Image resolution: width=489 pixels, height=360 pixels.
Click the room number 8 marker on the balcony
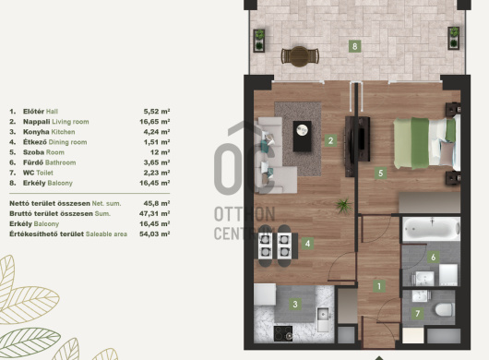tap(354, 46)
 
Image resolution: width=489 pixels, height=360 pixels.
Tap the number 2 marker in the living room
tap(330, 140)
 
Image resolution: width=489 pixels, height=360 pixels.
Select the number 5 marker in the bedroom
tap(380, 174)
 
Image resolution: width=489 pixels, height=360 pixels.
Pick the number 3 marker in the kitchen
tap(295, 304)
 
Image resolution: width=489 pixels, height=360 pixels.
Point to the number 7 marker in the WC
tap(418, 313)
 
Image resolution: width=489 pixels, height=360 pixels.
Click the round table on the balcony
tap(300, 56)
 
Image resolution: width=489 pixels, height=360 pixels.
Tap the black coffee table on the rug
tap(303, 137)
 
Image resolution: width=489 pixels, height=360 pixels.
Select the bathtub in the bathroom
tap(431, 229)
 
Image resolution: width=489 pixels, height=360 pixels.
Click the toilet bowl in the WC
tap(445, 310)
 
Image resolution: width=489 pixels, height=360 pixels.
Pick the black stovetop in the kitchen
tap(283, 333)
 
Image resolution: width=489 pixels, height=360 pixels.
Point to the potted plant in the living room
tap(344, 206)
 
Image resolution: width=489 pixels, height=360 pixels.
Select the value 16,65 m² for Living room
tap(155, 122)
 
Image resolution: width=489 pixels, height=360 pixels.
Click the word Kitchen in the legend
tap(63, 132)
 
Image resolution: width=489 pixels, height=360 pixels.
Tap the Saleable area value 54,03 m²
tap(155, 234)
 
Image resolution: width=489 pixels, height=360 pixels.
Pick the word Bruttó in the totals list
tap(19, 213)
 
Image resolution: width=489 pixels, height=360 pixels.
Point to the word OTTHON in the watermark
tap(244, 214)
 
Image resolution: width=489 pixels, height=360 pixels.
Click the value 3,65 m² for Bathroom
tap(157, 162)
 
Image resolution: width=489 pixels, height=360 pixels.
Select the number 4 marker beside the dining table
tap(307, 244)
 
